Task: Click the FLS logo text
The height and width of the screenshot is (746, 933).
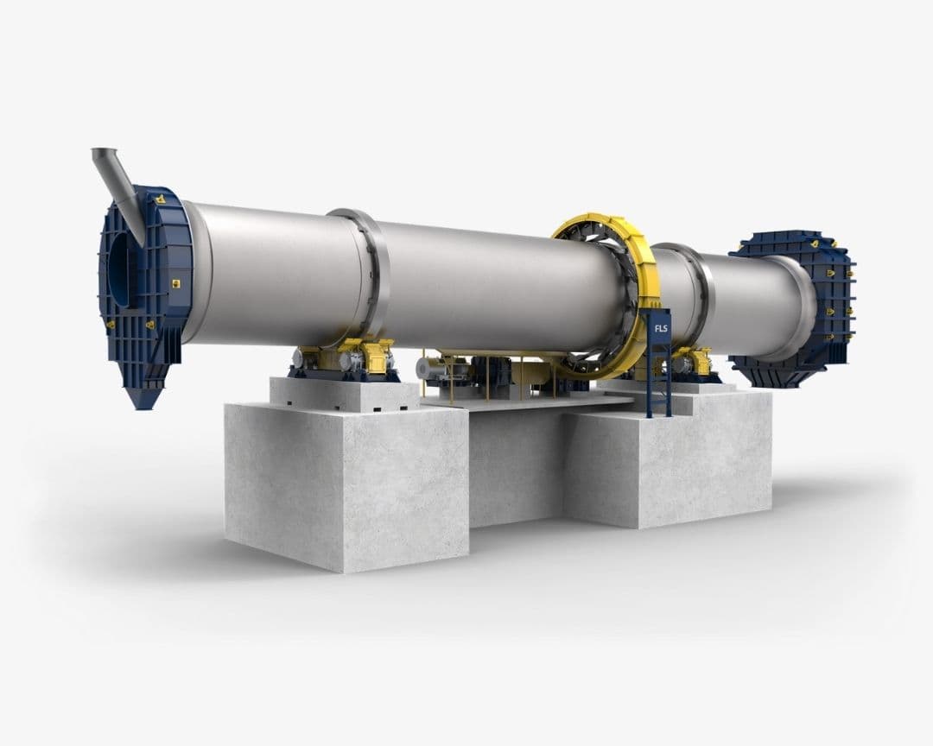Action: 661,328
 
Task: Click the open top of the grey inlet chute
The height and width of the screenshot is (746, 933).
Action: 104,153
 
